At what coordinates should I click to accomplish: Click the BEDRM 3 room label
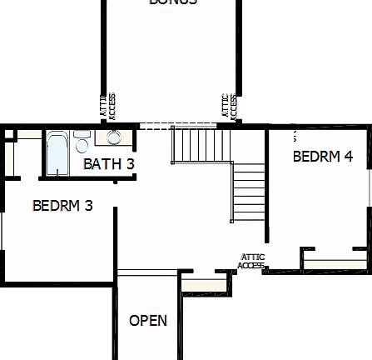pos(62,206)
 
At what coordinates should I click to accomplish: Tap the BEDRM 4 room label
pos(323,156)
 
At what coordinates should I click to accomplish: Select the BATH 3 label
pos(108,164)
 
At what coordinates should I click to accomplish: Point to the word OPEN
pos(148,320)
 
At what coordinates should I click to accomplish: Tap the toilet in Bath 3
pos(82,142)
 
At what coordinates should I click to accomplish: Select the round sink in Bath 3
pos(113,139)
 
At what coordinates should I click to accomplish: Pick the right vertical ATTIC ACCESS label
pos(230,106)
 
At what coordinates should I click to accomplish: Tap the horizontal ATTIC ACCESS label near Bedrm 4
pos(252,261)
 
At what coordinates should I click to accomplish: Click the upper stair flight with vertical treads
pos(194,144)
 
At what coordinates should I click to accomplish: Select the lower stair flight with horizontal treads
pos(248,192)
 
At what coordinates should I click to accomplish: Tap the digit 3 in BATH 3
pos(130,164)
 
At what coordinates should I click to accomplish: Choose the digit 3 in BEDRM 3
pos(88,206)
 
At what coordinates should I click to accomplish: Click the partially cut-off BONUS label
pos(173,2)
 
